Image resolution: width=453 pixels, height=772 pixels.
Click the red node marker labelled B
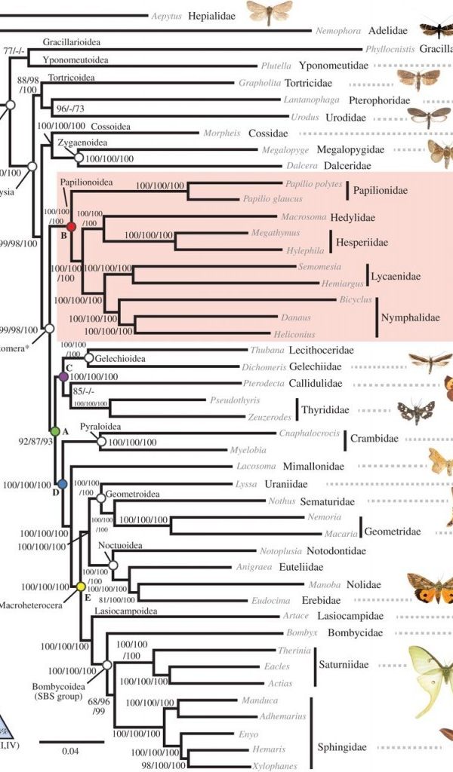tap(72, 226)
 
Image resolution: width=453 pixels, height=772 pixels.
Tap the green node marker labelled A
tap(54, 430)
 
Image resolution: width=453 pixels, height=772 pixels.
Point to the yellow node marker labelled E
tap(80, 586)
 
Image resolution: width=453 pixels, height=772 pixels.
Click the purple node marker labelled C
tap(63, 375)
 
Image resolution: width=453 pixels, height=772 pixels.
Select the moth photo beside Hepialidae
tap(269, 12)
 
